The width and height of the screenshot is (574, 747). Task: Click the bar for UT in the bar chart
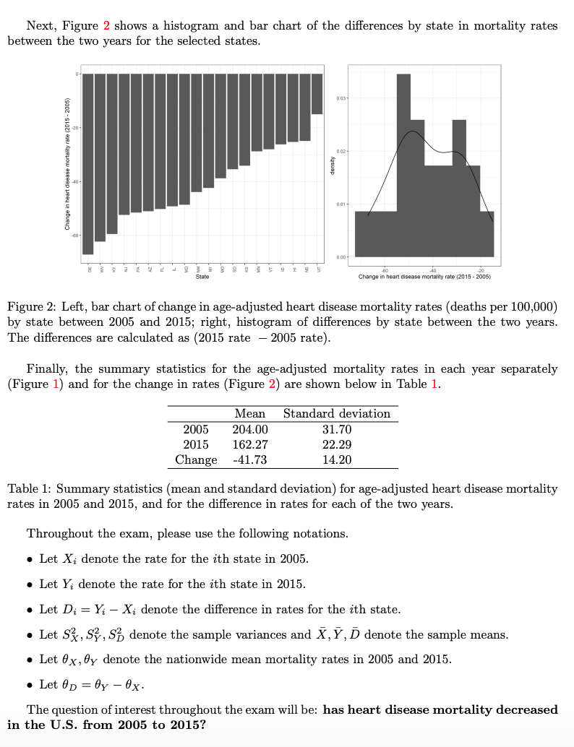coord(317,93)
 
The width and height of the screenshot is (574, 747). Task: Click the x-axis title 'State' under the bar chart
coord(202,276)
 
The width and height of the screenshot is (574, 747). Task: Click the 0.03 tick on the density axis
coord(343,97)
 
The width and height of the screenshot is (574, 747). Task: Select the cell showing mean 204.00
coord(250,429)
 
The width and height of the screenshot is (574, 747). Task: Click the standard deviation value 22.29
coord(336,444)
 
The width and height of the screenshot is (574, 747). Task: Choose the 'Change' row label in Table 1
coord(196,459)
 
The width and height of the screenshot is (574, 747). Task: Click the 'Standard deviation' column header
coord(336,414)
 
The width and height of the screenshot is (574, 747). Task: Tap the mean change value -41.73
coord(250,459)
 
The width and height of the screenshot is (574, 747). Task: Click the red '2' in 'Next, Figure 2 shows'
coord(106,25)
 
